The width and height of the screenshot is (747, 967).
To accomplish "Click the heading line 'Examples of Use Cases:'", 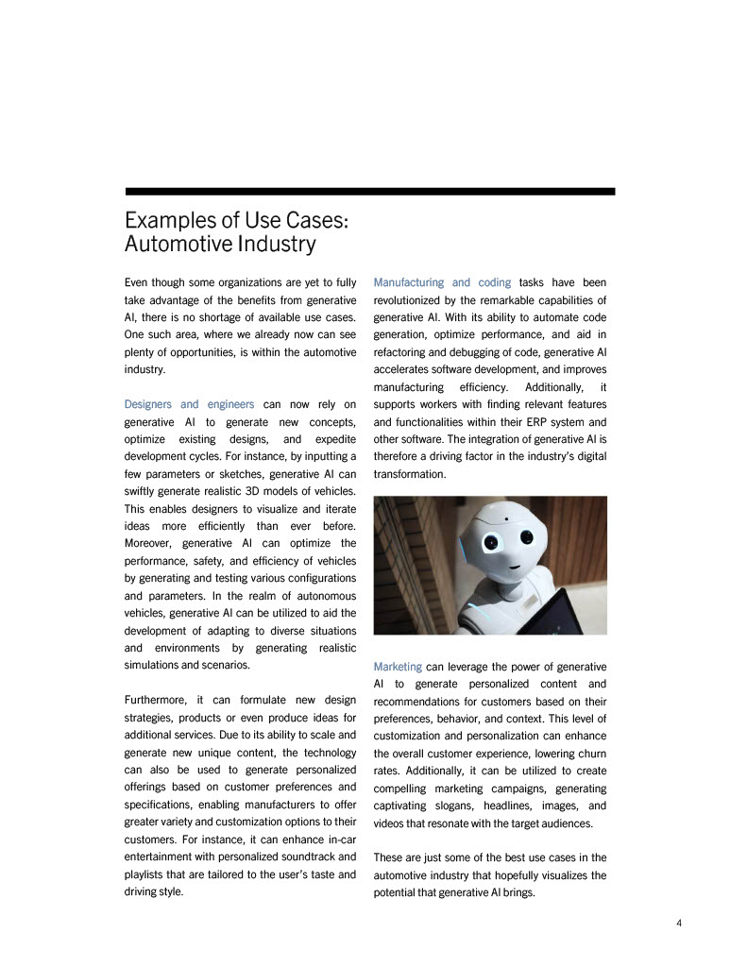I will click(x=237, y=220).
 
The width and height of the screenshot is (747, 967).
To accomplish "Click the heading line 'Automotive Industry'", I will click(x=220, y=245).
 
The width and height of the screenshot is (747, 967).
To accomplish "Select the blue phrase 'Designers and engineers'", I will click(x=189, y=404).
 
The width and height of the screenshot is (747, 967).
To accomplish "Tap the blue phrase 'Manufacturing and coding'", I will click(x=442, y=282).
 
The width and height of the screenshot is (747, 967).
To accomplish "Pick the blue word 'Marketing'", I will click(x=398, y=667).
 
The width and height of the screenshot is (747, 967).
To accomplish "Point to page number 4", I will click(x=679, y=923).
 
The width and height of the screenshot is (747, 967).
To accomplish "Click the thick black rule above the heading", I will click(x=369, y=191).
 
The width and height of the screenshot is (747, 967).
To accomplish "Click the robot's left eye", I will click(x=491, y=542).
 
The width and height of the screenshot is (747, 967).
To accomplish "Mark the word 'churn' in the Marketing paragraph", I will click(x=589, y=753).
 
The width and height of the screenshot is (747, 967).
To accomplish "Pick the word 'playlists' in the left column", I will click(x=146, y=874).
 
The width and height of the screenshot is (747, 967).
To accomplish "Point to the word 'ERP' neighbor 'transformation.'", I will click(x=409, y=474).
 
